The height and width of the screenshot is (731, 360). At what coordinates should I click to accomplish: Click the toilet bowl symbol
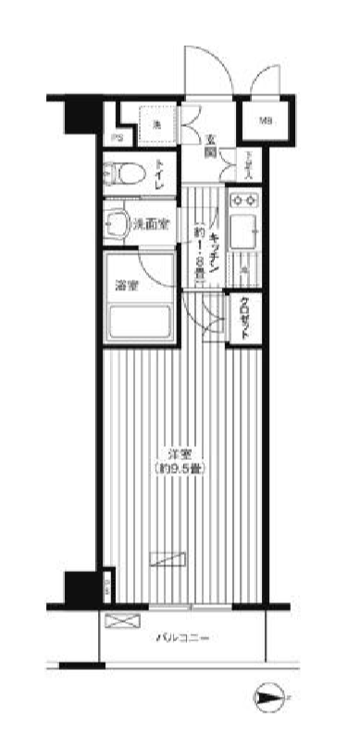click(x=126, y=174)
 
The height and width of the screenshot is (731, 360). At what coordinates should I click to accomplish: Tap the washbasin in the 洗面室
click(x=118, y=223)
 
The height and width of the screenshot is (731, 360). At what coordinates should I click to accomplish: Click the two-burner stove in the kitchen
click(x=246, y=198)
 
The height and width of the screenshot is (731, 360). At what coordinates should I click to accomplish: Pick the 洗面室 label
click(x=150, y=224)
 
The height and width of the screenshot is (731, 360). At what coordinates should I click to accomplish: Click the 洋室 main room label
click(x=179, y=454)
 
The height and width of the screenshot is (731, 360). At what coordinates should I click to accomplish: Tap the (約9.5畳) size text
click(x=180, y=469)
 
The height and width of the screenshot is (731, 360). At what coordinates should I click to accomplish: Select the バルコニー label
click(x=182, y=638)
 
